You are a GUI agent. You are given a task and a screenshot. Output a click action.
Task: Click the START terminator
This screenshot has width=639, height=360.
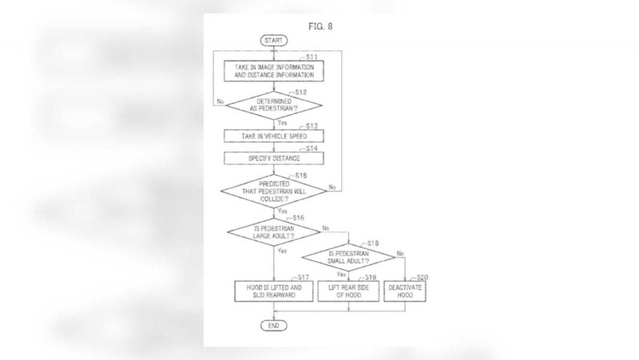tap(274, 41)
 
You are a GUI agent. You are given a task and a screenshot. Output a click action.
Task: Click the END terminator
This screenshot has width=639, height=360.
tap(274, 326)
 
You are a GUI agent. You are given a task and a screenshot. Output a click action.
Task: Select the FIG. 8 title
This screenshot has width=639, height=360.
tap(320, 26)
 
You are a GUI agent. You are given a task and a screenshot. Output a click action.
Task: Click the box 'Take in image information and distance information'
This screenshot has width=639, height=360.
tap(274, 71)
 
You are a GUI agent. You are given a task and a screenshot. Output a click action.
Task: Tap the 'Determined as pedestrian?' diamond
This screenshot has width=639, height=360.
tap(274, 105)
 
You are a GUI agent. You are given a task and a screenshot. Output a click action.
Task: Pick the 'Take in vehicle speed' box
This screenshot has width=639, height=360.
tap(274, 136)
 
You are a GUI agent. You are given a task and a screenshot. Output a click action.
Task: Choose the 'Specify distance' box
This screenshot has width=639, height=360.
tap(274, 158)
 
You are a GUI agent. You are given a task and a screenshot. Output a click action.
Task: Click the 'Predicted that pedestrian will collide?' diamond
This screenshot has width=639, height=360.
tap(274, 191)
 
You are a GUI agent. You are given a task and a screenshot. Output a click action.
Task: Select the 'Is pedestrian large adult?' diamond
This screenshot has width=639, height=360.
tap(274, 232)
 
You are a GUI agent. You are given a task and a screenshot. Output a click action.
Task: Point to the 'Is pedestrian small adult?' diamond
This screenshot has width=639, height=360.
tap(348, 257)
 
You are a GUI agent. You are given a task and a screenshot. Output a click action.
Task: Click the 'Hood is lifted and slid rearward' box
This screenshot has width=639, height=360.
tap(274, 291)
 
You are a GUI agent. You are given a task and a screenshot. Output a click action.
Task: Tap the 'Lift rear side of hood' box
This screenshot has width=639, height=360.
tap(348, 291)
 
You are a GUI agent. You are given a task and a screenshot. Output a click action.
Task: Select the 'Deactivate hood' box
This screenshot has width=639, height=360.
tap(405, 291)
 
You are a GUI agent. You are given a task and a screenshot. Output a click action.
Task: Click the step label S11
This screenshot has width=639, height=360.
tap(312, 57)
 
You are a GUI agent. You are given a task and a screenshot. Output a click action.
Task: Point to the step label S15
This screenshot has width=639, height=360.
tap(301, 176)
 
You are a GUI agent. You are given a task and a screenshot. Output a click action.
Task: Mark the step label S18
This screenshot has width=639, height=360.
tap(373, 243)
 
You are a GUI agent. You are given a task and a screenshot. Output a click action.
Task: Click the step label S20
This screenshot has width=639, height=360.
tap(423, 277)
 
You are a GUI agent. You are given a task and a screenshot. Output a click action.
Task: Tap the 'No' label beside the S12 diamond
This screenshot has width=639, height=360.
tap(220, 101)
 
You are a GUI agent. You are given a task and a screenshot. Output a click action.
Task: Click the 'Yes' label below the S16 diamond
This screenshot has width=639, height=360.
tap(282, 251)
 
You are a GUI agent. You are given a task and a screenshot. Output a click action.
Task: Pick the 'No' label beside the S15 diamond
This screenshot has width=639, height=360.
tap(332, 187)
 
